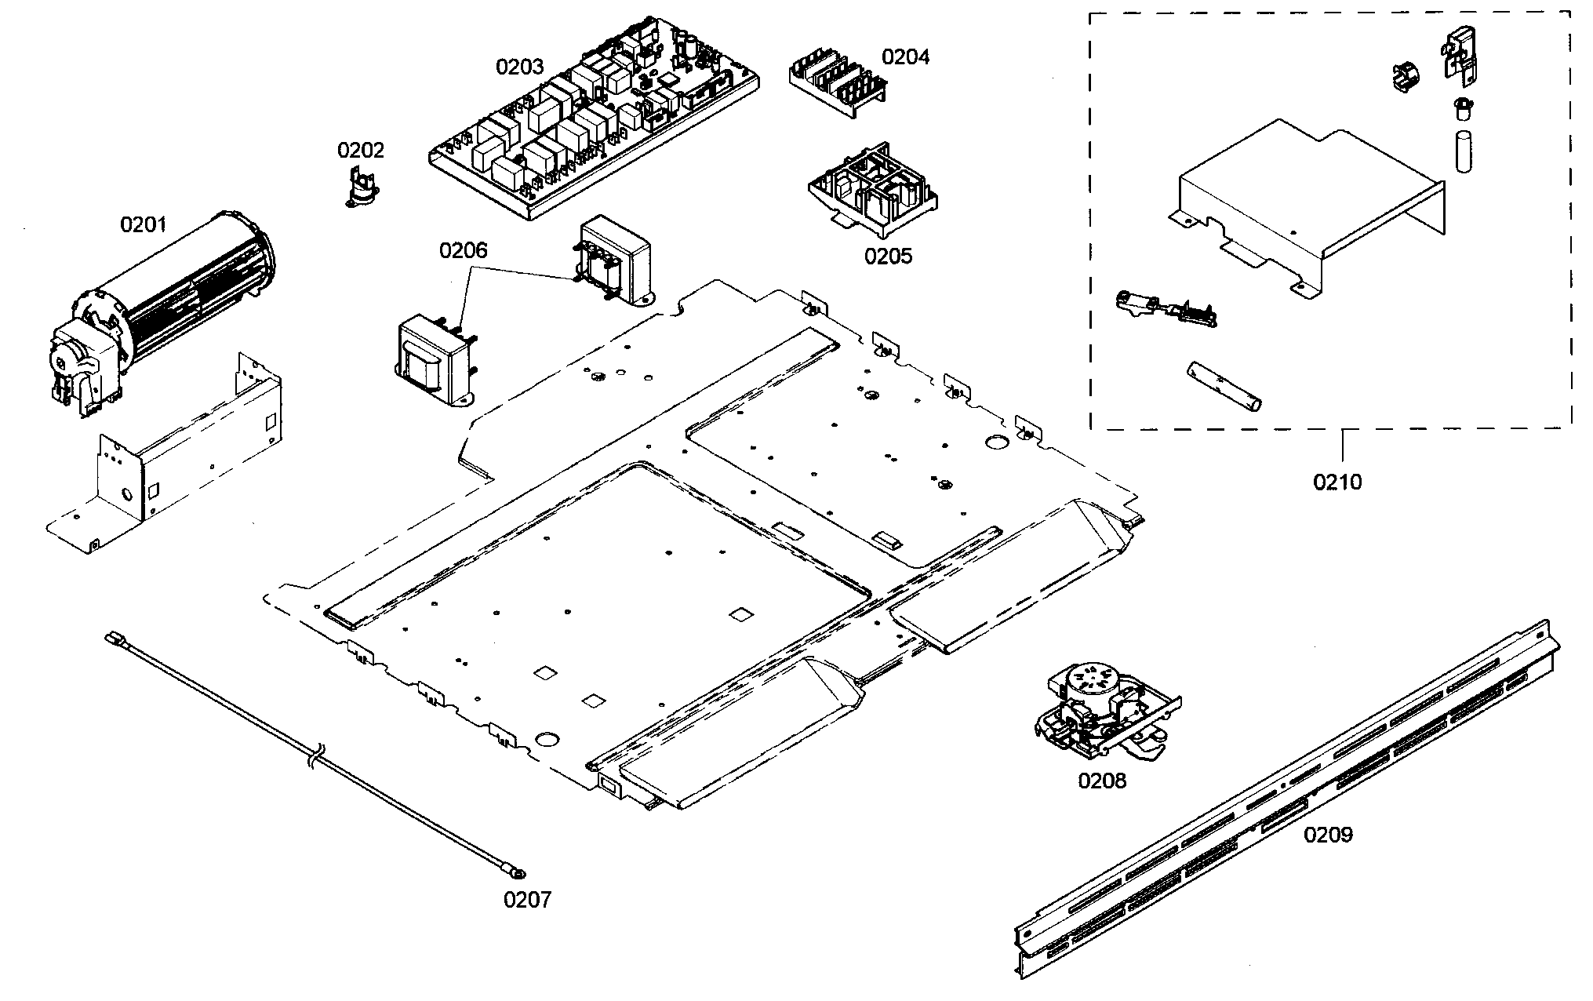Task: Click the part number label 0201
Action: (x=143, y=225)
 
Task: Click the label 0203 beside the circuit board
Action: (x=519, y=67)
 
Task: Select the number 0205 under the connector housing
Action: (x=888, y=257)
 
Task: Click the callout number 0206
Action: (x=463, y=251)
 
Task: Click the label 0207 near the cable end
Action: (x=527, y=899)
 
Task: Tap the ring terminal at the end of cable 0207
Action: (x=518, y=872)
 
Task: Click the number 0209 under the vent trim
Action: (x=1328, y=835)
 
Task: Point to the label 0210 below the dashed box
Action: (x=1337, y=482)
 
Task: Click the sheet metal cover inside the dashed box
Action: (x=1302, y=204)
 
